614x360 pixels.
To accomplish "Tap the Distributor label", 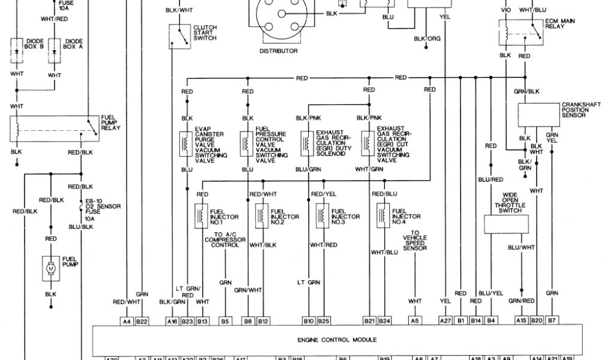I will click(x=278, y=51).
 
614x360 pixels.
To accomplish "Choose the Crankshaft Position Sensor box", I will click(x=538, y=114).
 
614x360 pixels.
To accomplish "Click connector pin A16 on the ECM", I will click(x=171, y=322).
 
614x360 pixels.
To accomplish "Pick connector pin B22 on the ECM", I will click(x=142, y=322).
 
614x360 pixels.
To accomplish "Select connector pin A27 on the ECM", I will click(x=445, y=322).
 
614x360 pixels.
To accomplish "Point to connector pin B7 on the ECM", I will click(x=552, y=322).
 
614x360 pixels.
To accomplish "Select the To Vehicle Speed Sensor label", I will click(x=415, y=241).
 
